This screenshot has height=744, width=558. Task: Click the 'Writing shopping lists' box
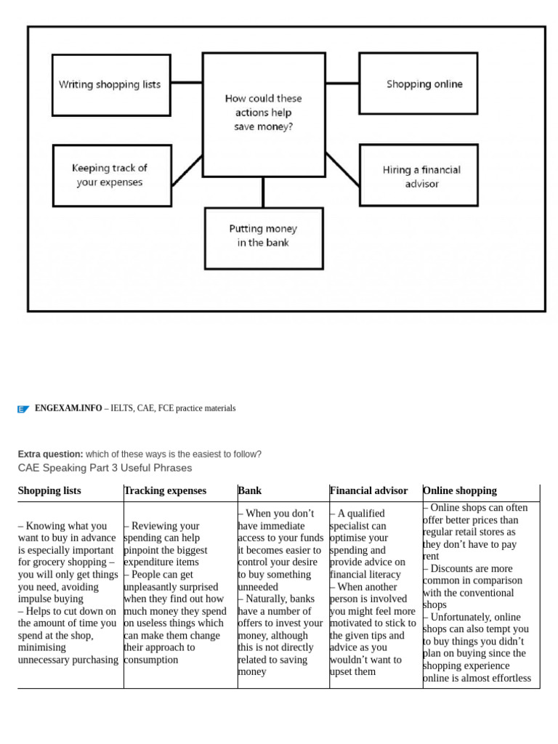point(111,84)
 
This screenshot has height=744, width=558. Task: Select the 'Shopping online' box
point(418,84)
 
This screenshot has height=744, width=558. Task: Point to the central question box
point(263,113)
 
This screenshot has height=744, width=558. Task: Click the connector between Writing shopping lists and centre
point(186,82)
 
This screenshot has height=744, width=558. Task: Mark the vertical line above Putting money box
point(263,192)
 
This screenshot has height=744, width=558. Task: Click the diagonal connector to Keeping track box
point(186,169)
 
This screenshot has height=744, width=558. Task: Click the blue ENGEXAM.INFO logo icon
point(23,409)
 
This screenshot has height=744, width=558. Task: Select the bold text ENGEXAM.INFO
point(68,408)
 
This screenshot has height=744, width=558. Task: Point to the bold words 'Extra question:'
point(50,454)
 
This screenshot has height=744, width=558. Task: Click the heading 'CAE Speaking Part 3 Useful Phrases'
point(105,468)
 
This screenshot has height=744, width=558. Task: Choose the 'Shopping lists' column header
point(49,491)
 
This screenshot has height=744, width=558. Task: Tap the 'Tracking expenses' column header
point(165,491)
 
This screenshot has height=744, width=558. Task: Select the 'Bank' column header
point(249,491)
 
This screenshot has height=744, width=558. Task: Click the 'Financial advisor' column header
point(368,491)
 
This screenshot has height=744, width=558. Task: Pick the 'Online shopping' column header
point(460,491)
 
